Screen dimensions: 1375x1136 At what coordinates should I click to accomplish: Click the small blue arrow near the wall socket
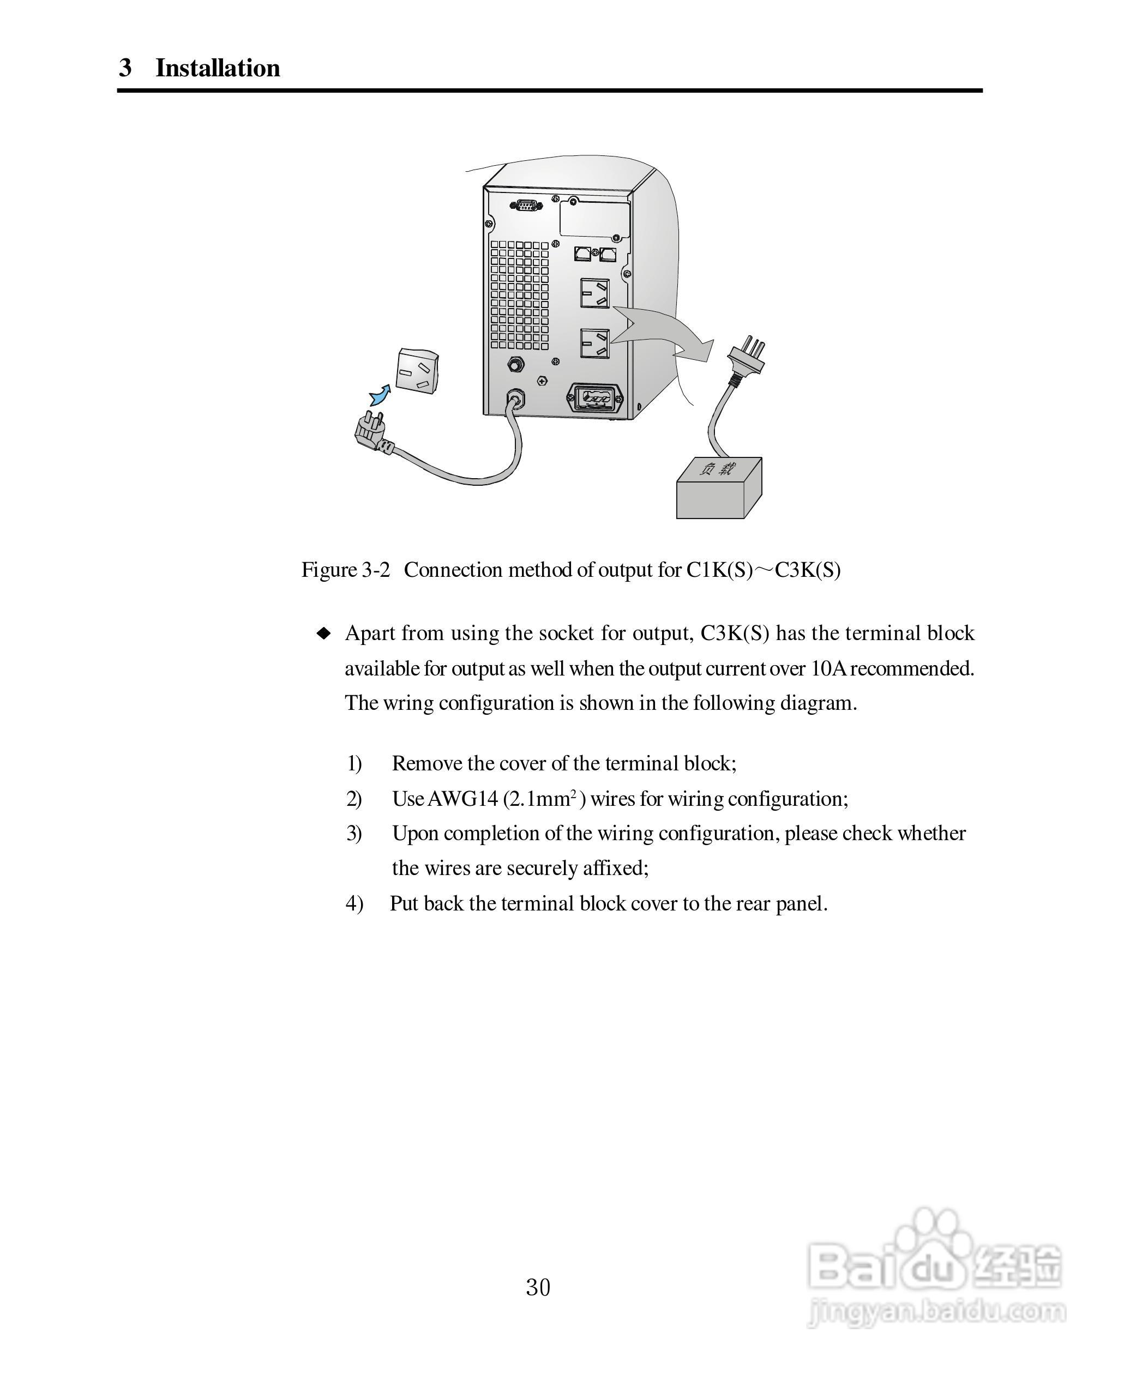point(380,394)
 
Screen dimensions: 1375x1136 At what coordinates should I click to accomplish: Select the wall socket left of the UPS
point(417,371)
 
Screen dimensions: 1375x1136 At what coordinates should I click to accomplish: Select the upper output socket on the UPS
point(594,293)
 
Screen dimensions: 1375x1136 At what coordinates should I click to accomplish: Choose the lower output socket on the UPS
point(593,343)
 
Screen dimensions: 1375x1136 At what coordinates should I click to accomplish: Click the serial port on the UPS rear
point(526,206)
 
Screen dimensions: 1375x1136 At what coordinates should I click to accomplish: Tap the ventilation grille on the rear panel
point(520,294)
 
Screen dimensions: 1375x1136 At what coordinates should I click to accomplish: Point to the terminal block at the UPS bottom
point(594,397)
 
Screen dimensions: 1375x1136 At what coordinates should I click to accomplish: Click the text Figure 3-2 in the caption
point(346,570)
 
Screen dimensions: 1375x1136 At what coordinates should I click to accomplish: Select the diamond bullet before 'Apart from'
point(323,633)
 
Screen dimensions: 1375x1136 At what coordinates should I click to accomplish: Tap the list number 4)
point(354,903)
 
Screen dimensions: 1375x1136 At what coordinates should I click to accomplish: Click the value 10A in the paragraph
point(829,668)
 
